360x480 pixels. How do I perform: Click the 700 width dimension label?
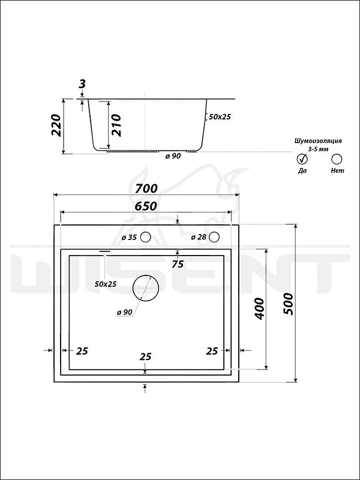[146, 188]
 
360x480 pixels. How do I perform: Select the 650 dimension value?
[146, 206]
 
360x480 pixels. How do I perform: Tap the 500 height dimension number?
[288, 304]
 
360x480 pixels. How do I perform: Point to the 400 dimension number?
[259, 308]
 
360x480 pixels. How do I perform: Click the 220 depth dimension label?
[56, 125]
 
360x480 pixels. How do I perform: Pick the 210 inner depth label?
[116, 125]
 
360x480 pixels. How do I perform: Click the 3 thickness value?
[82, 84]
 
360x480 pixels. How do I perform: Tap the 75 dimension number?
[178, 264]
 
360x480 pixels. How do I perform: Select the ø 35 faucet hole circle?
[145, 237]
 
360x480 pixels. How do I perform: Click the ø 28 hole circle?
[215, 236]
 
